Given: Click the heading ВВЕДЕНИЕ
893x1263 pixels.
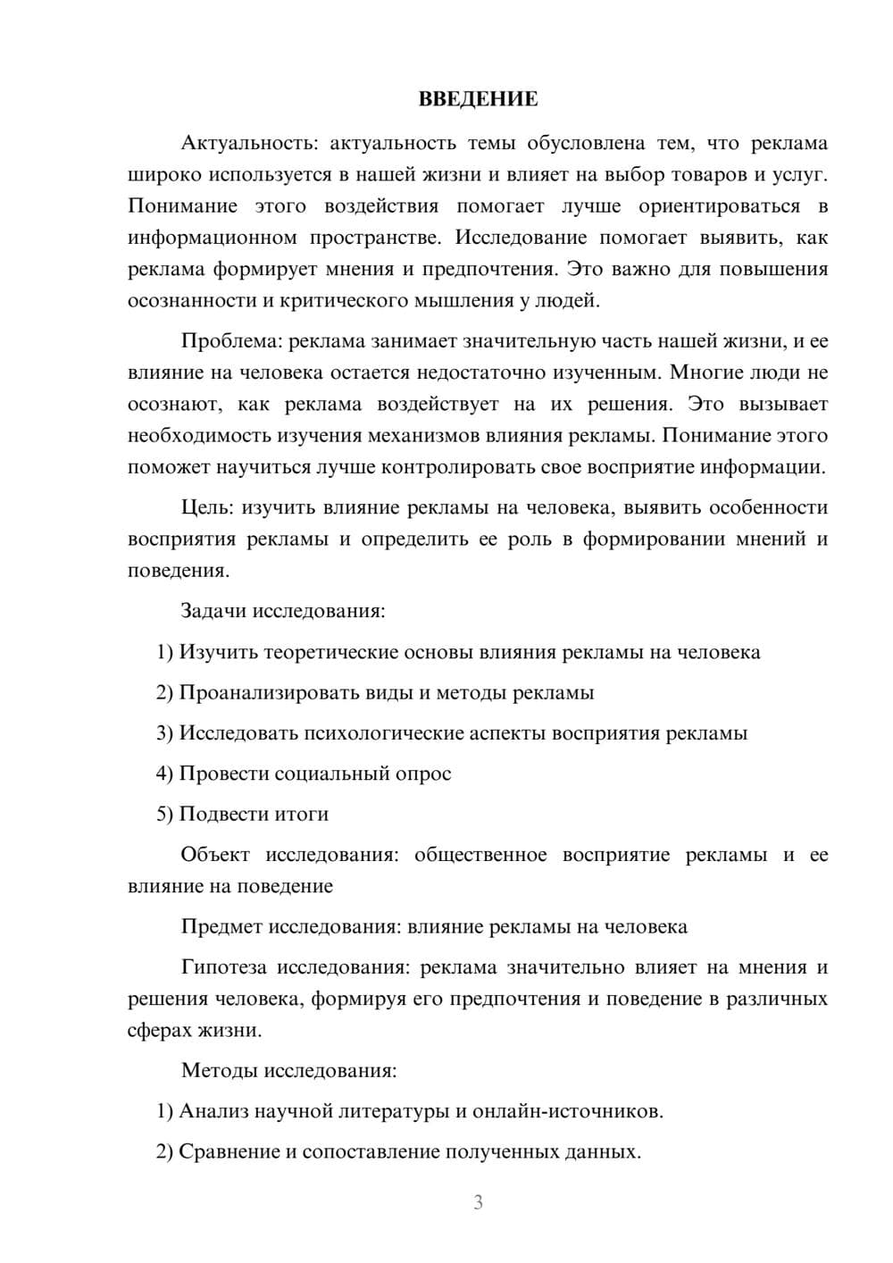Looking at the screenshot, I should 478,99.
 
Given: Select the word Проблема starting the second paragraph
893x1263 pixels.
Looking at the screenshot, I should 228,340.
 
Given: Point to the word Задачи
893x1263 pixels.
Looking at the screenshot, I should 214,612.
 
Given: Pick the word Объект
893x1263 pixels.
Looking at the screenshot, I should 215,855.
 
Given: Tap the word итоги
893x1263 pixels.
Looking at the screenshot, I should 300,814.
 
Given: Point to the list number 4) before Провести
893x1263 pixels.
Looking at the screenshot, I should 164,774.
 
